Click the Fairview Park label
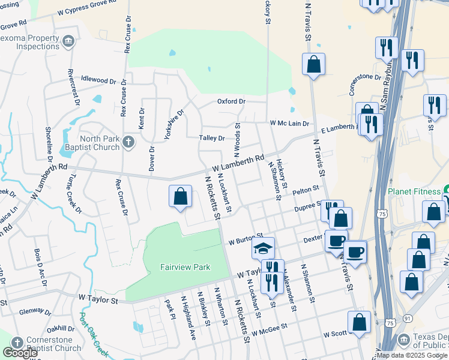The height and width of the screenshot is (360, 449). click(185, 267)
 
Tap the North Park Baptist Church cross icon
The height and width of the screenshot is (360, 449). click(127, 143)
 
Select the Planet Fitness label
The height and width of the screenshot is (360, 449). click(415, 191)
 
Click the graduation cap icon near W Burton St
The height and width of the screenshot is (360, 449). click(263, 247)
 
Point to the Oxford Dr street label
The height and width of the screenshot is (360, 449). click(231, 101)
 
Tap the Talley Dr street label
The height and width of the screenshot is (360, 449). click(212, 138)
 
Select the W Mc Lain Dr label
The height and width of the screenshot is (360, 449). click(289, 123)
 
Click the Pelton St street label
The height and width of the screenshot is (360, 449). click(306, 191)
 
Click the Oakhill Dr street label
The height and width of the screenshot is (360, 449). click(60, 328)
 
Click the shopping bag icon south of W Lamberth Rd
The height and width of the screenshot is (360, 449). click(180, 197)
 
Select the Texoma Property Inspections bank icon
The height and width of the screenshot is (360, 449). click(68, 41)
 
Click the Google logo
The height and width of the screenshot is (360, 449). click(20, 352)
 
